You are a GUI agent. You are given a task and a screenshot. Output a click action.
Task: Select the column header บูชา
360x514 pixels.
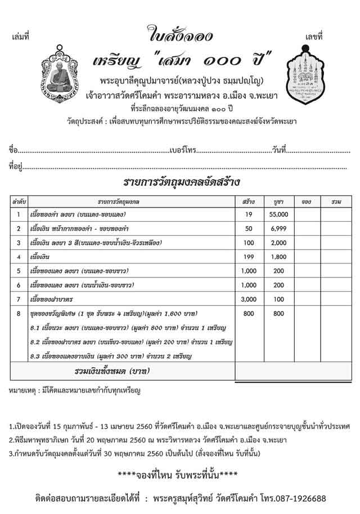[279, 201]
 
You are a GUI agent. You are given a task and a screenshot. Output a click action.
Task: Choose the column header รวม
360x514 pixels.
[336, 201]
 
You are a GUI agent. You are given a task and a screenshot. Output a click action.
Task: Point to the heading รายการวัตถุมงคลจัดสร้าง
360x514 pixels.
[181, 182]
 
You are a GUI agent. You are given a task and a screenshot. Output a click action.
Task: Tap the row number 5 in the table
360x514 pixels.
[19, 271]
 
